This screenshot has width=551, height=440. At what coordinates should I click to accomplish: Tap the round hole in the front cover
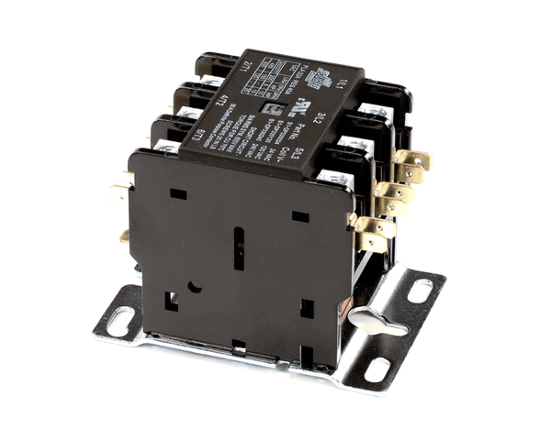tap(194, 286)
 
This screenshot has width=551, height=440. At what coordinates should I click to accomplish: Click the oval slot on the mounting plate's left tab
tap(120, 323)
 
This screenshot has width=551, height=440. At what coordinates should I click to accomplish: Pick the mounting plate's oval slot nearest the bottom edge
tap(377, 371)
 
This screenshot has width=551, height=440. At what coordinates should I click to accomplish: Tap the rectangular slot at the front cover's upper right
tap(300, 216)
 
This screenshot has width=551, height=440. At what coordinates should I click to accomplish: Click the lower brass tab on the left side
tap(124, 236)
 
